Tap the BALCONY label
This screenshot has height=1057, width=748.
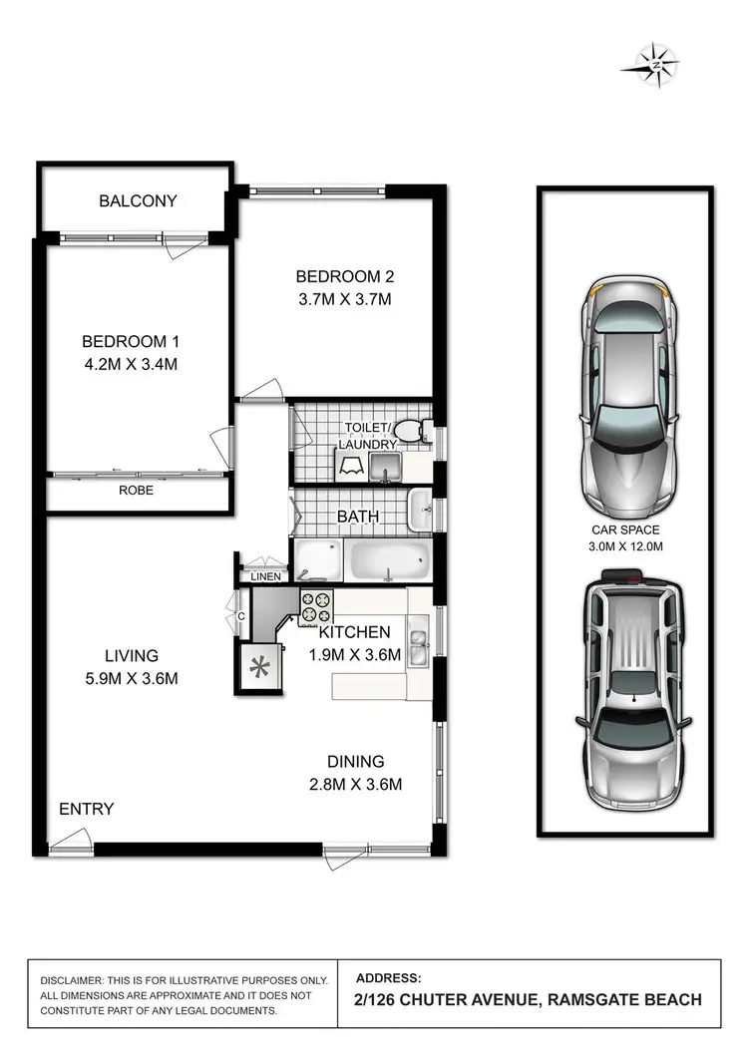138,200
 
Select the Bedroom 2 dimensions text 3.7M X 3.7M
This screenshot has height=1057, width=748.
338,299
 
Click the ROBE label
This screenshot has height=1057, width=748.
136,491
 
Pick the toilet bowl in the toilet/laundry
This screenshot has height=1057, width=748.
411,430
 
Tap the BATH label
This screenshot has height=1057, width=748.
358,517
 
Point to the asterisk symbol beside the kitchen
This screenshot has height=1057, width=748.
257,667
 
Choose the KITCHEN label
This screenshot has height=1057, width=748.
354,632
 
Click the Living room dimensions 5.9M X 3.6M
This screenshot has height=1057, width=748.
132,679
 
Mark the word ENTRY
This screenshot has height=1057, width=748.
87,809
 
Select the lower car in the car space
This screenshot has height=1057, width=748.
630,689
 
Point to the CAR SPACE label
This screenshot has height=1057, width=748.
624,530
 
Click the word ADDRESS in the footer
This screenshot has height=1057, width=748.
389,978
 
